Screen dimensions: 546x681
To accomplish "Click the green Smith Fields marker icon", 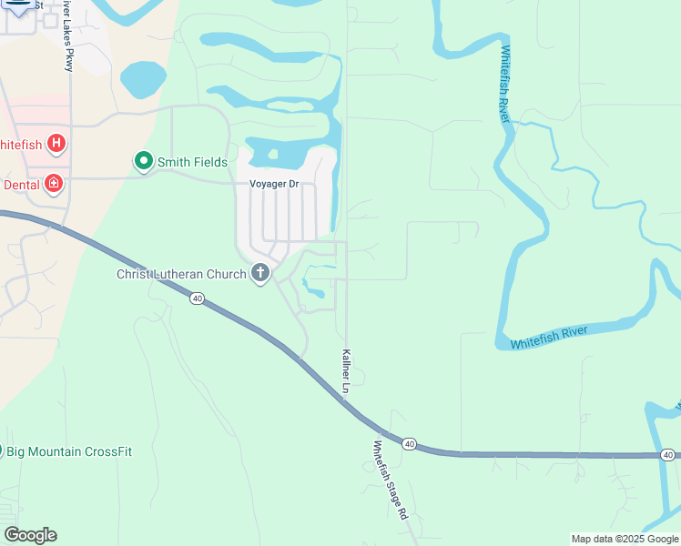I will click(143, 162).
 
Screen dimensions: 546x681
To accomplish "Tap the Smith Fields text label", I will click(192, 163).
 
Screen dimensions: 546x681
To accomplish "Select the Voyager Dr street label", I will click(274, 184).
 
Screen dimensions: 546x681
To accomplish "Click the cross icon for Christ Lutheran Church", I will click(260, 273).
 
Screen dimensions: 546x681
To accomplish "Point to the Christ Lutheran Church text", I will click(181, 274).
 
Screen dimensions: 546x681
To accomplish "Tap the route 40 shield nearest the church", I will click(197, 298).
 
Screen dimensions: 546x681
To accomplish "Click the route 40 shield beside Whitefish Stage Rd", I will click(410, 444).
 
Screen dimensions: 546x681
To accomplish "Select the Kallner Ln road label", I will click(346, 371).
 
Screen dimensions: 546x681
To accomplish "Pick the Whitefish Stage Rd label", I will click(390, 480).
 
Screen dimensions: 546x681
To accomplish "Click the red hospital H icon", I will click(56, 143).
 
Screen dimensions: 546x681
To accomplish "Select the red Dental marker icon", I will click(54, 184).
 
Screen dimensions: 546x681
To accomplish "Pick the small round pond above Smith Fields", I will click(143, 80).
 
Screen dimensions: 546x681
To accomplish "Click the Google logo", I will click(30, 535).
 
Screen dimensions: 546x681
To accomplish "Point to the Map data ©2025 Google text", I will click(625, 539).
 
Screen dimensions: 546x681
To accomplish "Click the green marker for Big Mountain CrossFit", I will click(1, 450).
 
